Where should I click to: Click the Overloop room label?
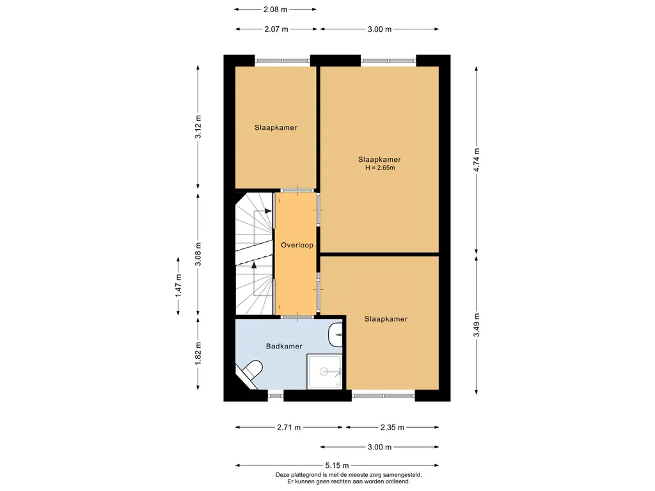(x=297, y=245)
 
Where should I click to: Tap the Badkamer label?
(x=284, y=346)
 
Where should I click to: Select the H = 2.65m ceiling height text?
(x=380, y=168)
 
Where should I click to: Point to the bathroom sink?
(x=335, y=335)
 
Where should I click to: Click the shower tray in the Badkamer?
(x=324, y=371)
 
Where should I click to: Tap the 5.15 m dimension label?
(x=337, y=465)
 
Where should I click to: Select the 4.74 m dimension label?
(x=477, y=160)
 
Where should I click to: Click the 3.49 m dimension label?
(x=477, y=325)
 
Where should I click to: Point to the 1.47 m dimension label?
(x=178, y=286)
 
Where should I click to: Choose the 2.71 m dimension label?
(x=288, y=427)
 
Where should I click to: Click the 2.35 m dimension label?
(x=392, y=427)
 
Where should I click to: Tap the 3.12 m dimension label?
(x=198, y=127)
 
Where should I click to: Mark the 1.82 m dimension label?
(x=198, y=353)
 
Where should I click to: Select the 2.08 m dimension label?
(x=275, y=9)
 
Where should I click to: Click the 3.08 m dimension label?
(x=198, y=254)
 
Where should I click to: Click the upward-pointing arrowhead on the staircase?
(x=254, y=265)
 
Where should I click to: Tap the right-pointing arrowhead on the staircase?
(x=268, y=211)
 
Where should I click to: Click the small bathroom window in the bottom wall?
(x=276, y=395)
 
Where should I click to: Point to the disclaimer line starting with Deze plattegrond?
(x=349, y=475)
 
